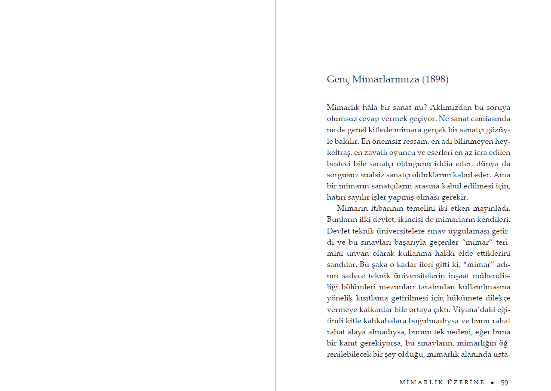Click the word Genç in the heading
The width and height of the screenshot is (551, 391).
tap(338, 80)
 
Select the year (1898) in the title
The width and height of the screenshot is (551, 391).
tap(435, 80)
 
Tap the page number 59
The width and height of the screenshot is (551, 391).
tap(505, 382)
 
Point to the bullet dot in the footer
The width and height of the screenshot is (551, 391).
tap(493, 382)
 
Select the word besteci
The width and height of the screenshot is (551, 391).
tap(339, 164)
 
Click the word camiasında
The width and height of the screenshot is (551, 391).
tap(491, 119)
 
